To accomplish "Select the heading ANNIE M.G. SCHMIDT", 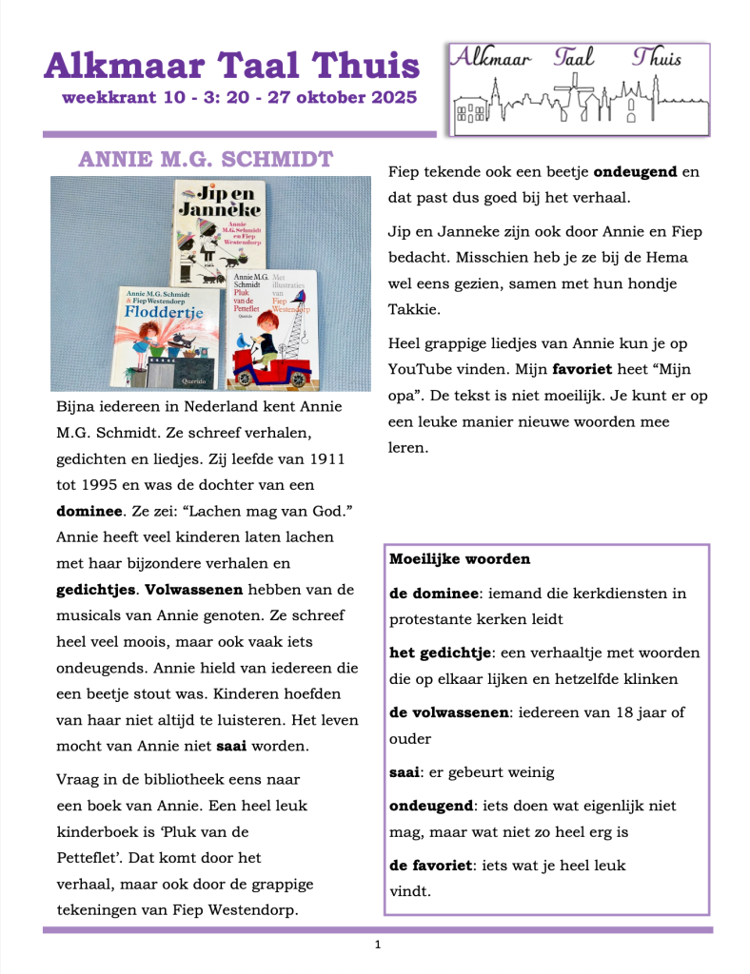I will pos(206,159).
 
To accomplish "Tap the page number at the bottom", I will pos(378,945).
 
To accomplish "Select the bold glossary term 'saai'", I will pos(405,772).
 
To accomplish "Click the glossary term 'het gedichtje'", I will pos(438,653).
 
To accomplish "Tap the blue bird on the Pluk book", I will pos(303,297).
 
